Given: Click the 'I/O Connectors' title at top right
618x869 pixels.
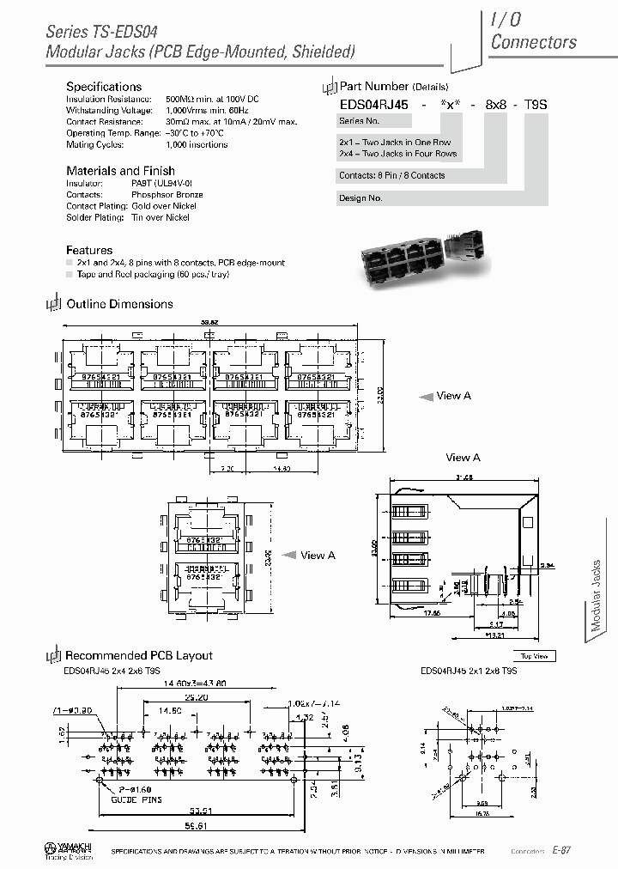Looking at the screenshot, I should point(532,31).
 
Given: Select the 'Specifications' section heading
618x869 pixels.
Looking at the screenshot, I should point(104,87).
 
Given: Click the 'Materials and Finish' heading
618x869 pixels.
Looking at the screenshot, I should point(120,171).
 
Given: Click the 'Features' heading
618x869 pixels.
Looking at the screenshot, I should point(89,250).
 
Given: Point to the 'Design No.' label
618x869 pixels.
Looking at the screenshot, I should point(361,198).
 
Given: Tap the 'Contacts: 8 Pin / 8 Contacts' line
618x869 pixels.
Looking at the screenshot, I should point(392,175).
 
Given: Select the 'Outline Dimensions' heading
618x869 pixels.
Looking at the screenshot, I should point(119,304).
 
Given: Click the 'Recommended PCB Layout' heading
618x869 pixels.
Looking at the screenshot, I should point(138,655).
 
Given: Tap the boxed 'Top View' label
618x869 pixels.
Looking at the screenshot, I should point(534,656).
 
